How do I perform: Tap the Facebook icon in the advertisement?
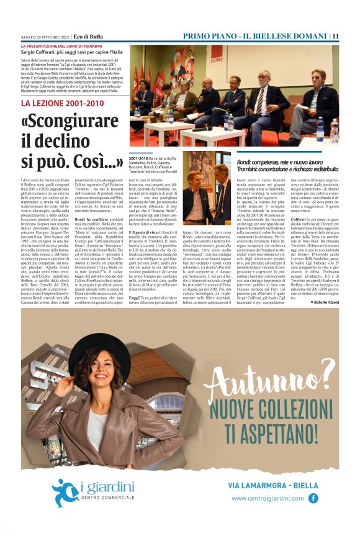(x=313, y=498)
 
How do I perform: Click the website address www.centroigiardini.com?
(x=268, y=498)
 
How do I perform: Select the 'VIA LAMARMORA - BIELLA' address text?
(x=273, y=485)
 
